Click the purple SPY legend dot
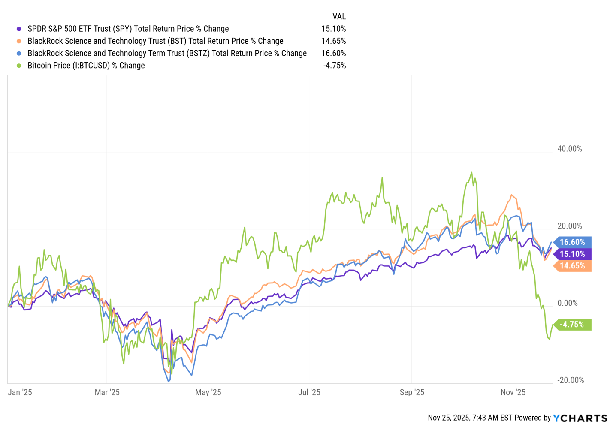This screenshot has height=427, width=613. tap(19, 29)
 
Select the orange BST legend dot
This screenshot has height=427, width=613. tap(19, 41)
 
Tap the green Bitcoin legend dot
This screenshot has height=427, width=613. tap(19, 66)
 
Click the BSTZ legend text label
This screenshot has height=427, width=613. tap(167, 53)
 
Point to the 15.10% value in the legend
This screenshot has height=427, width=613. tap(333, 29)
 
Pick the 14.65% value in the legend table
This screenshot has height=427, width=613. tap(333, 41)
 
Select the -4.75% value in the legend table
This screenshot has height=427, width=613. tap(334, 66)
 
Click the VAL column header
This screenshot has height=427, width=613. tap(339, 17)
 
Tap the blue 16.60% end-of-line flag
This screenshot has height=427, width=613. tap(572, 242)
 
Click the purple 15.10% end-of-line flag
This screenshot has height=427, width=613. tap(572, 254)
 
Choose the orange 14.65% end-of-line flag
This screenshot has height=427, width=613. tap(572, 266)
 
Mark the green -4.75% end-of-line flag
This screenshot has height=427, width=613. tap(572, 325)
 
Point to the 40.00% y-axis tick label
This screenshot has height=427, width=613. tap(570, 149)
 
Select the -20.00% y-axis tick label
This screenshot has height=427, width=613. tap(571, 380)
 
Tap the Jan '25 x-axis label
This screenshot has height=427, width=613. tap(20, 392)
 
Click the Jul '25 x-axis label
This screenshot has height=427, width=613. tap(309, 392)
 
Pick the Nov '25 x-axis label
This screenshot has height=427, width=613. tap(513, 392)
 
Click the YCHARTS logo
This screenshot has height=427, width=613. tap(580, 418)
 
